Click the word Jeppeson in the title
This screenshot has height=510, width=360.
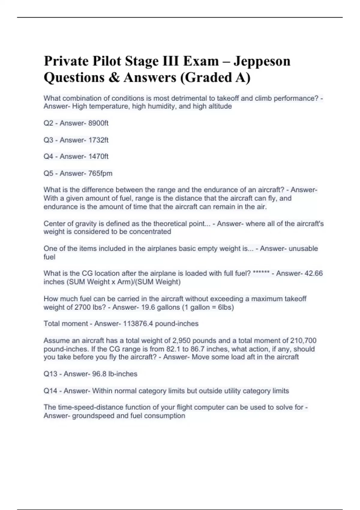(262, 61)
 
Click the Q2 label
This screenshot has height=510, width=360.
(48, 123)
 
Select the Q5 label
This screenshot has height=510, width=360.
(48, 173)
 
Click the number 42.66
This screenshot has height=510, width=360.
(313, 273)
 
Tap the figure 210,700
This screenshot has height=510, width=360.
(303, 340)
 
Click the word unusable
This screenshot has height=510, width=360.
(303, 248)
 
